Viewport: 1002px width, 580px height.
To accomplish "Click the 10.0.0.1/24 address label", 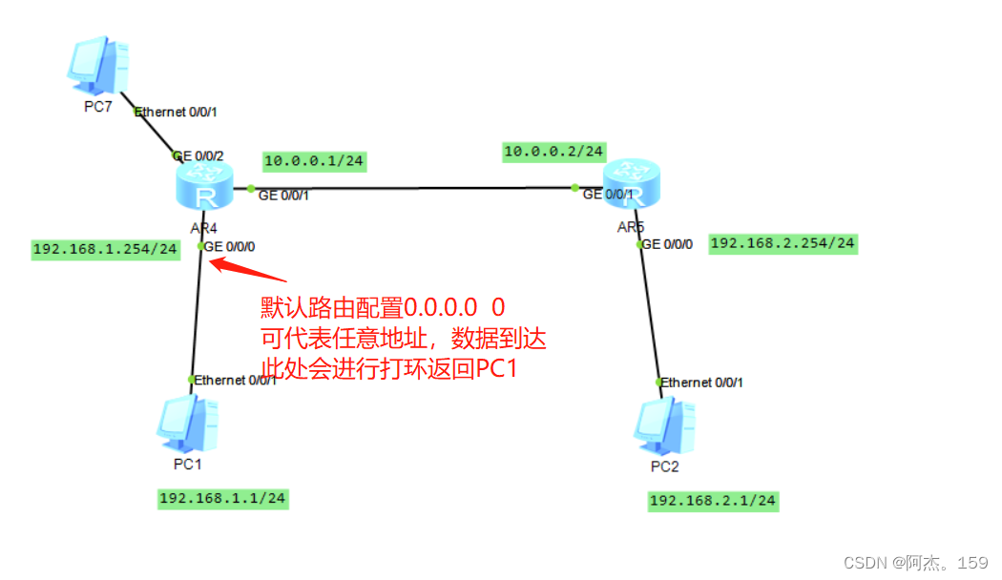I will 312,161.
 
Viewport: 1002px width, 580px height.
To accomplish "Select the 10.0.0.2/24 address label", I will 553,151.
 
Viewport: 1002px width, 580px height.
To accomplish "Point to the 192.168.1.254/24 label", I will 105,249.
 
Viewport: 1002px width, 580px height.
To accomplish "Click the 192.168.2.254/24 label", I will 783,243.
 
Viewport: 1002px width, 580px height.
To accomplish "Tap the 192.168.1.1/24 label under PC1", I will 222,498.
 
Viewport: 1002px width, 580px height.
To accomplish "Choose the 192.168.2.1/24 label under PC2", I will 713,501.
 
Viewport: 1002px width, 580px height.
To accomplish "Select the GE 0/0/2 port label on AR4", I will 198,155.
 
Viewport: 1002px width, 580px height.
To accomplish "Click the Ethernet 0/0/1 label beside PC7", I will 177,112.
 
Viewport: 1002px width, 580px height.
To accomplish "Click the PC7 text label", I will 98,107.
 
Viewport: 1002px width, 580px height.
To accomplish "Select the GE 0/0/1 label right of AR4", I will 283,195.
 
